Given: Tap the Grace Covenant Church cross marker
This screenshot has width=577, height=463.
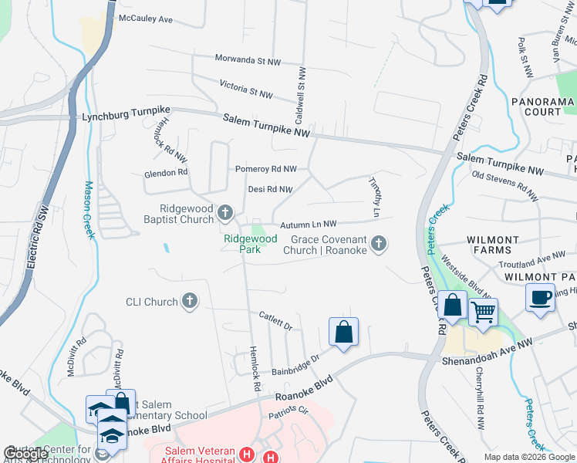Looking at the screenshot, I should (378, 244).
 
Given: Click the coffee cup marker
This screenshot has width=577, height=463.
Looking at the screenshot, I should (540, 297).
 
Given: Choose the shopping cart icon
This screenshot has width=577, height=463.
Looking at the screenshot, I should (483, 313).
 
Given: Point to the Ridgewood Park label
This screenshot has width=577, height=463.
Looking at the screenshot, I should (250, 244).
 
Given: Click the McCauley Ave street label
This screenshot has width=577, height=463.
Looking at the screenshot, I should (145, 18).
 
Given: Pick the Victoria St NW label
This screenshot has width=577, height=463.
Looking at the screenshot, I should (246, 91).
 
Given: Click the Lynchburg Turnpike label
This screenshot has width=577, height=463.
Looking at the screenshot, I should (126, 118).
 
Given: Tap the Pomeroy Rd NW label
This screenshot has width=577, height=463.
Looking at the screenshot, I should (265, 168).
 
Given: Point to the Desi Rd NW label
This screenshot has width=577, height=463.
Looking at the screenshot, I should (270, 189).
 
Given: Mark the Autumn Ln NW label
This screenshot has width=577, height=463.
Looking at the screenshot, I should (309, 223).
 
